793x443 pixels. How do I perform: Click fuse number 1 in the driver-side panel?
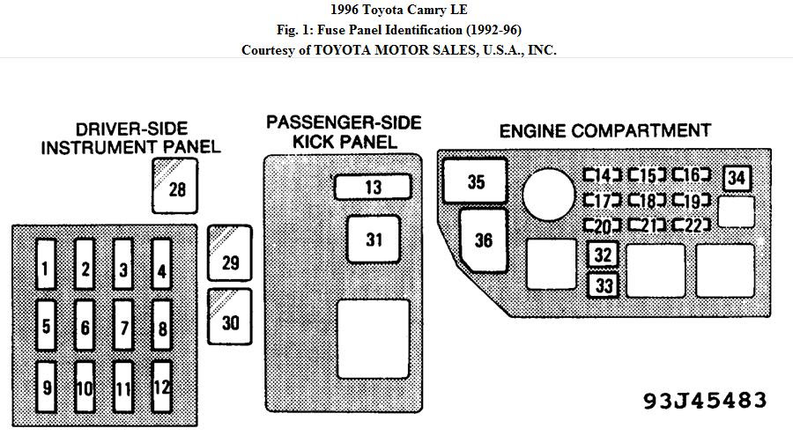tap(46, 264)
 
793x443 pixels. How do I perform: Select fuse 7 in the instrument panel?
tap(122, 325)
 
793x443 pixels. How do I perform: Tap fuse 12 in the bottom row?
tap(161, 387)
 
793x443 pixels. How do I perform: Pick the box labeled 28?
tap(175, 186)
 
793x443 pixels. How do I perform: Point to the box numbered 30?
tap(230, 317)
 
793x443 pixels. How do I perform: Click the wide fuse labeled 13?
tap(373, 187)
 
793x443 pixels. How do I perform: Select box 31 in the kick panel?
tap(374, 240)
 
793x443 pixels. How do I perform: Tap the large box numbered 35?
tap(475, 181)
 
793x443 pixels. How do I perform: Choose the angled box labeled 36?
tap(483, 240)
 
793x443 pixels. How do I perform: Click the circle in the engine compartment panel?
tap(549, 195)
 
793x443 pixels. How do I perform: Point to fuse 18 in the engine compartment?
tap(648, 201)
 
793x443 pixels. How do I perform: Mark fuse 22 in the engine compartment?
tap(692, 225)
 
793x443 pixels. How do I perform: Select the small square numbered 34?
tap(737, 178)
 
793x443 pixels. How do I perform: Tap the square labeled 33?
tap(603, 285)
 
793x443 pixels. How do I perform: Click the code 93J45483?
tap(705, 401)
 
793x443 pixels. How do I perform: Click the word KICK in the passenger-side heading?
tap(316, 142)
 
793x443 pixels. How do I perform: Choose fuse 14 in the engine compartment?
tap(603, 175)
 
